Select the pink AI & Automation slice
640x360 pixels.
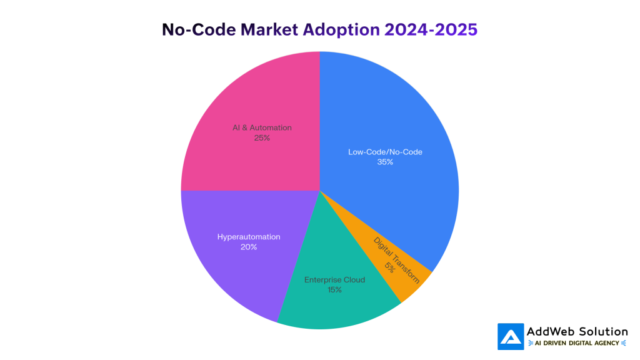(x=250, y=94)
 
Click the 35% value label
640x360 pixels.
(x=385, y=162)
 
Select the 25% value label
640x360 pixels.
(x=262, y=137)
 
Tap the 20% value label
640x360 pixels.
(x=249, y=247)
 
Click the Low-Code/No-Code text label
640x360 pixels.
(x=385, y=152)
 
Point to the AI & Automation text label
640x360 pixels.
(x=262, y=127)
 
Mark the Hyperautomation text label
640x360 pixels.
(x=249, y=237)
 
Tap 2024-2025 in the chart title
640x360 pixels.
(x=431, y=29)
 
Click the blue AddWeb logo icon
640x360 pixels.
(x=511, y=336)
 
